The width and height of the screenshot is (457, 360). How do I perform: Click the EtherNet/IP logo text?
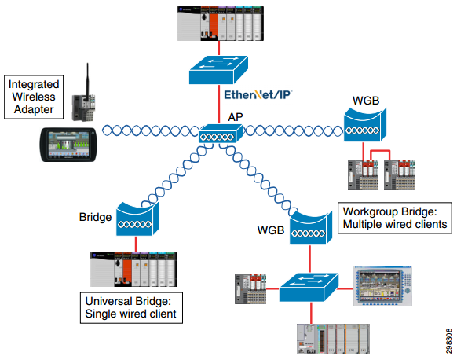(258, 95)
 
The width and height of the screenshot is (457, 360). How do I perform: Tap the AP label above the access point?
(236, 117)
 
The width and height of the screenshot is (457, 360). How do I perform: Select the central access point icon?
(221, 134)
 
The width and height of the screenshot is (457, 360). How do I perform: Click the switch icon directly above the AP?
(218, 70)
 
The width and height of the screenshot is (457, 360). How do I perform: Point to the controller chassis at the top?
(221, 24)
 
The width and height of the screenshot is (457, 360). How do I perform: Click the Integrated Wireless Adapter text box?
(34, 97)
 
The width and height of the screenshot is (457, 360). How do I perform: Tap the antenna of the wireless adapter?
(87, 80)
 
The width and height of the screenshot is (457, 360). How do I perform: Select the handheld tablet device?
(68, 145)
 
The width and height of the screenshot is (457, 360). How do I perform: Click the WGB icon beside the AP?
(365, 125)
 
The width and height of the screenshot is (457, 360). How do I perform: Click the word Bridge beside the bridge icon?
(95, 217)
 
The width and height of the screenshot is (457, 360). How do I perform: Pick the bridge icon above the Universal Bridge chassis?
(137, 219)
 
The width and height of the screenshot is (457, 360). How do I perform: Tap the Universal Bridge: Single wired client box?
(131, 308)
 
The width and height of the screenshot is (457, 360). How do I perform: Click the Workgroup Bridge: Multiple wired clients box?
(395, 218)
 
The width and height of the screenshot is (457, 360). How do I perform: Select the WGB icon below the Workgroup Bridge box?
(311, 228)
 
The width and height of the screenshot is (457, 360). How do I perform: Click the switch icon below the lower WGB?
(309, 288)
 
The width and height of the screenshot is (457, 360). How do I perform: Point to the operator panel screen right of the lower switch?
(382, 285)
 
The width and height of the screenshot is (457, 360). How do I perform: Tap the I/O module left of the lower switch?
(250, 288)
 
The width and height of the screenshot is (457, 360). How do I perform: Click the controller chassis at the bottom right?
(333, 339)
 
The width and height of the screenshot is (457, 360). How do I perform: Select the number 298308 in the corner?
(449, 341)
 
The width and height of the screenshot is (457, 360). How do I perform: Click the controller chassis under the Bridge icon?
(133, 270)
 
